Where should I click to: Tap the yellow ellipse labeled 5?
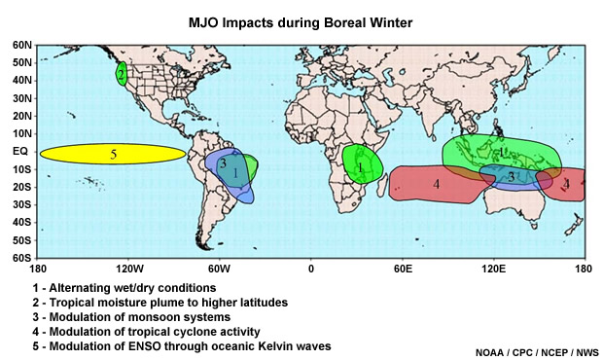pyautogui.click(x=113, y=154)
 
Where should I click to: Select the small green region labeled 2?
pyautogui.click(x=121, y=74)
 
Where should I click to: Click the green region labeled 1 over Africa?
pyautogui.click(x=361, y=166)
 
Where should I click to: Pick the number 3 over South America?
pyautogui.click(x=223, y=164)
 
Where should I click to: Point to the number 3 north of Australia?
pyautogui.click(x=511, y=177)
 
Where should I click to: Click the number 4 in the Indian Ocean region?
pyautogui.click(x=437, y=183)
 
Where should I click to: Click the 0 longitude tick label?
pyautogui.click(x=311, y=269)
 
